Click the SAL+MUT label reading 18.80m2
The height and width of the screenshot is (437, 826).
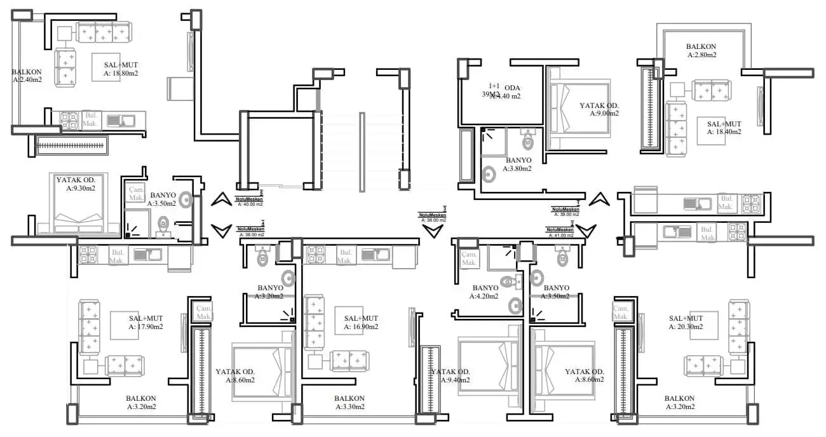(x=121, y=69)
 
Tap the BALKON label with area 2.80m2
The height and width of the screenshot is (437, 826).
(x=701, y=51)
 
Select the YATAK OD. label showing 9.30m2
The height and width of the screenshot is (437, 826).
(x=76, y=184)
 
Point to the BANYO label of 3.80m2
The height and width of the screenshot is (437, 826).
(x=517, y=165)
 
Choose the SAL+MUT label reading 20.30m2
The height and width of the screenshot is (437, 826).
(x=686, y=323)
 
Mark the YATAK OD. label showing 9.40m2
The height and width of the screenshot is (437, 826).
(x=450, y=376)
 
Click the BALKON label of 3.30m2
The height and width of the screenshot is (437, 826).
(x=349, y=403)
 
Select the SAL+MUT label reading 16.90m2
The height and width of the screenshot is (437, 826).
(x=361, y=323)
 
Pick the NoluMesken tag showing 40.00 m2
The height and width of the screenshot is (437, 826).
(x=249, y=201)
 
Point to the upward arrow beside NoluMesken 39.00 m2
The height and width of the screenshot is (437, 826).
(x=599, y=199)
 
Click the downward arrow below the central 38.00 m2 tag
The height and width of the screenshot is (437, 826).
(x=433, y=231)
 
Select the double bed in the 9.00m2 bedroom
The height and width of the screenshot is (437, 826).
(x=579, y=109)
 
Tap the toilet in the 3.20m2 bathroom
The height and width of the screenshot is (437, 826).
(x=264, y=256)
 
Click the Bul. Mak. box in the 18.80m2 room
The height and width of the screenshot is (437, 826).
(x=90, y=119)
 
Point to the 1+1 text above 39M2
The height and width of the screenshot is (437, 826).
(x=494, y=86)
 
